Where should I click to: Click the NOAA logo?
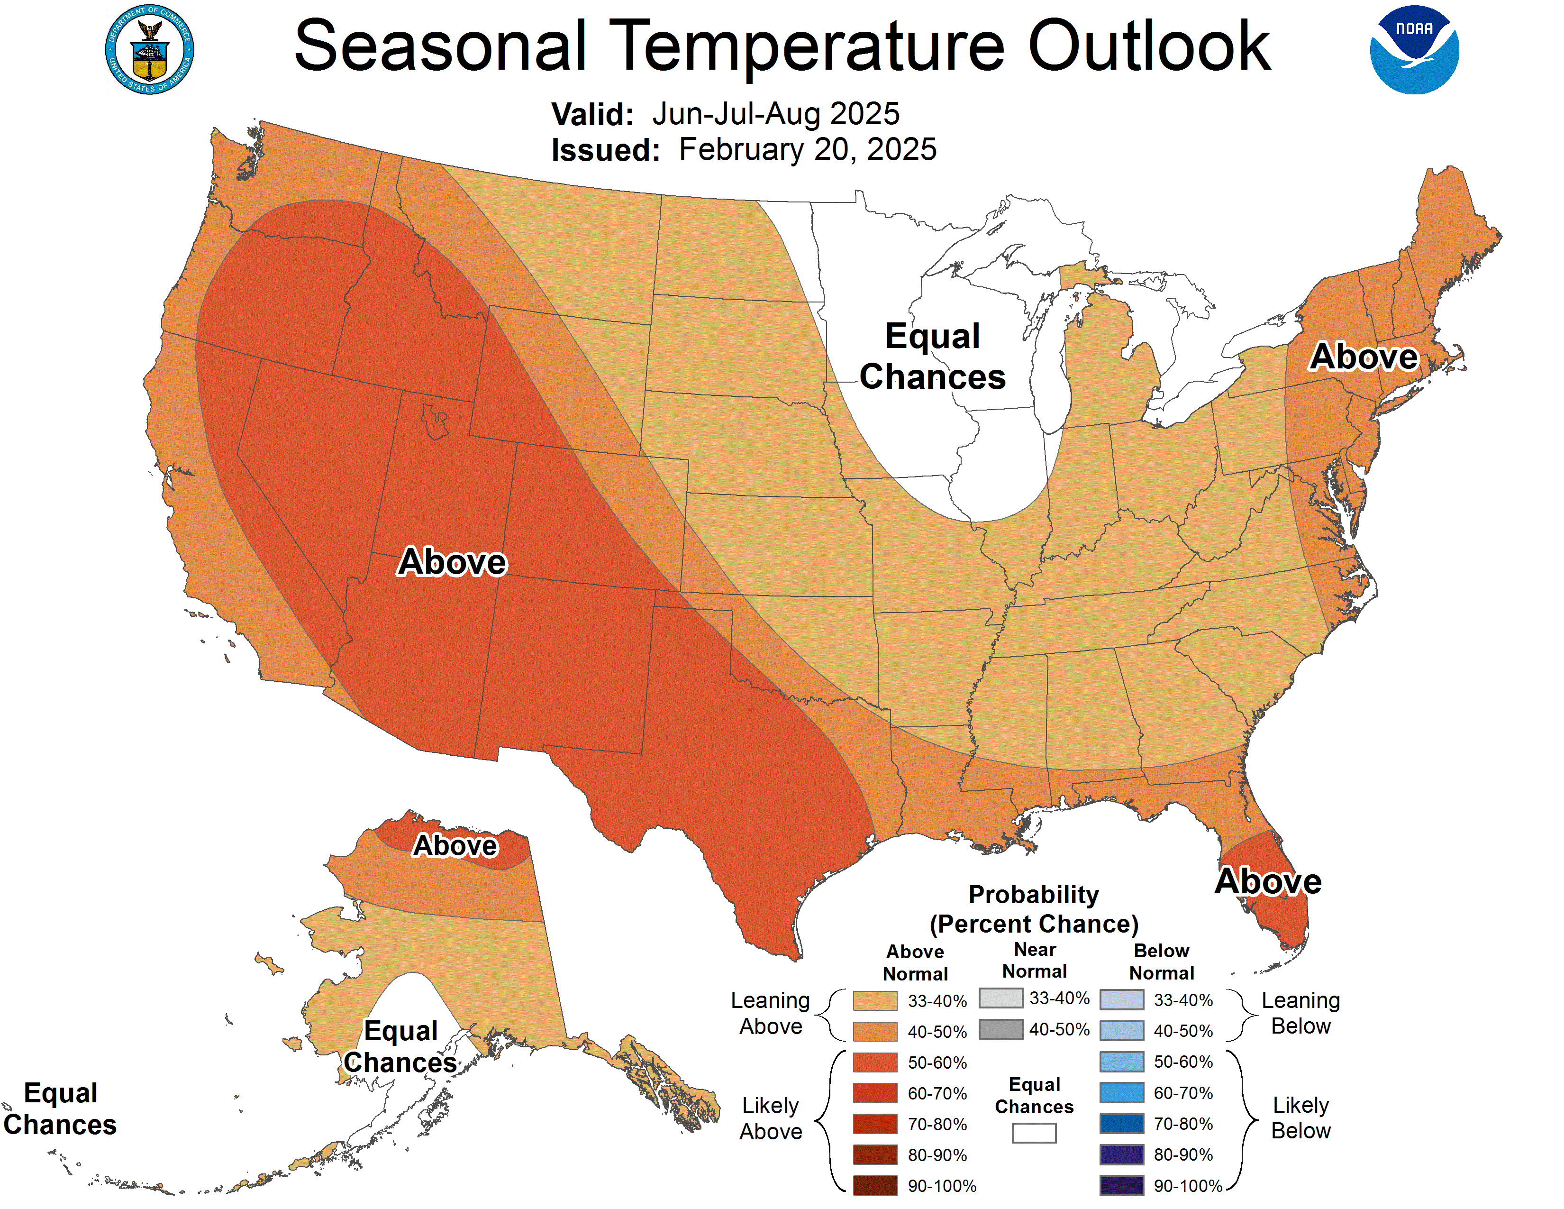click(x=1414, y=50)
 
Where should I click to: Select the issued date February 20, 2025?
click(x=807, y=150)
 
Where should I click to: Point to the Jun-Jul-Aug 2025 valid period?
click(x=775, y=114)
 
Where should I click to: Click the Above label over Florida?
click(x=1268, y=881)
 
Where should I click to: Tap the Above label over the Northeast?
click(x=1364, y=356)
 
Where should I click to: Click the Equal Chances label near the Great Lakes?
click(x=932, y=356)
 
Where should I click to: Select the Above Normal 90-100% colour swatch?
click(x=874, y=1185)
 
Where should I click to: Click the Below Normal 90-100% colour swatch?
click(x=1121, y=1185)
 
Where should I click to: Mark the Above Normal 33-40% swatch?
click(x=874, y=1000)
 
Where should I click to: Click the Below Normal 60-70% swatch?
click(x=1121, y=1092)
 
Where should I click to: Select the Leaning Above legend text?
click(x=771, y=1013)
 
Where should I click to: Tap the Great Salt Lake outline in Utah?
click(x=434, y=421)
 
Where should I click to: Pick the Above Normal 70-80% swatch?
click(x=874, y=1124)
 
